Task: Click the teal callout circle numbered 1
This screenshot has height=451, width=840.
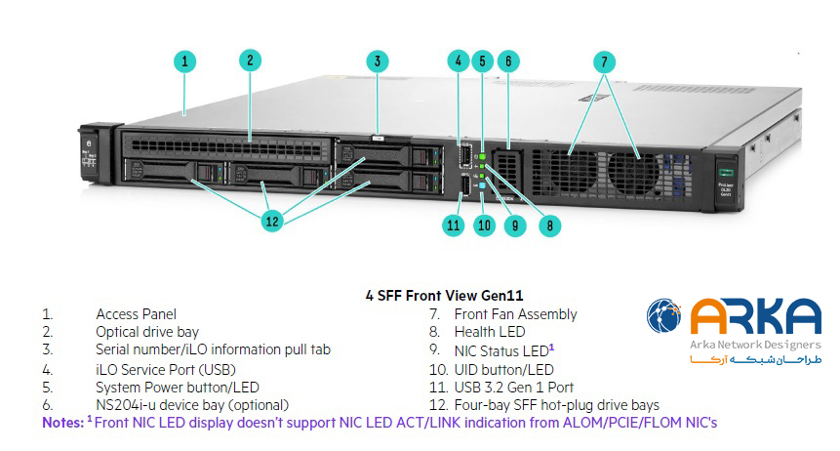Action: point(185,61)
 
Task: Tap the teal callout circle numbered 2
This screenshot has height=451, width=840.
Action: point(251,60)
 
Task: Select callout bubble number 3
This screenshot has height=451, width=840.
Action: point(378,61)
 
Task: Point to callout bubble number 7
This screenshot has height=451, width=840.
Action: point(605,61)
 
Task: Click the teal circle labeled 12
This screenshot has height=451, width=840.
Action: point(272,222)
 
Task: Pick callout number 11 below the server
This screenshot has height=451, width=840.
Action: point(452,225)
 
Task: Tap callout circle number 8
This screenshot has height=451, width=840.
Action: point(549,225)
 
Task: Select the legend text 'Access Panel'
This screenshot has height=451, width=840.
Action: point(136,314)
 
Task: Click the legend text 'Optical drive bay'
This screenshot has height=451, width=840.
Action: point(146,332)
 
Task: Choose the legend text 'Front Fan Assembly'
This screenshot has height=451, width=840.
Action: point(515,314)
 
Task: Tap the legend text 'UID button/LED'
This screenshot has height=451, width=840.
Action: point(503,369)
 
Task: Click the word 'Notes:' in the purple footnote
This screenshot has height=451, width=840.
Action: point(62,423)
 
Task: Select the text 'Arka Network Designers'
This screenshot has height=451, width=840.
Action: point(756,345)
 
